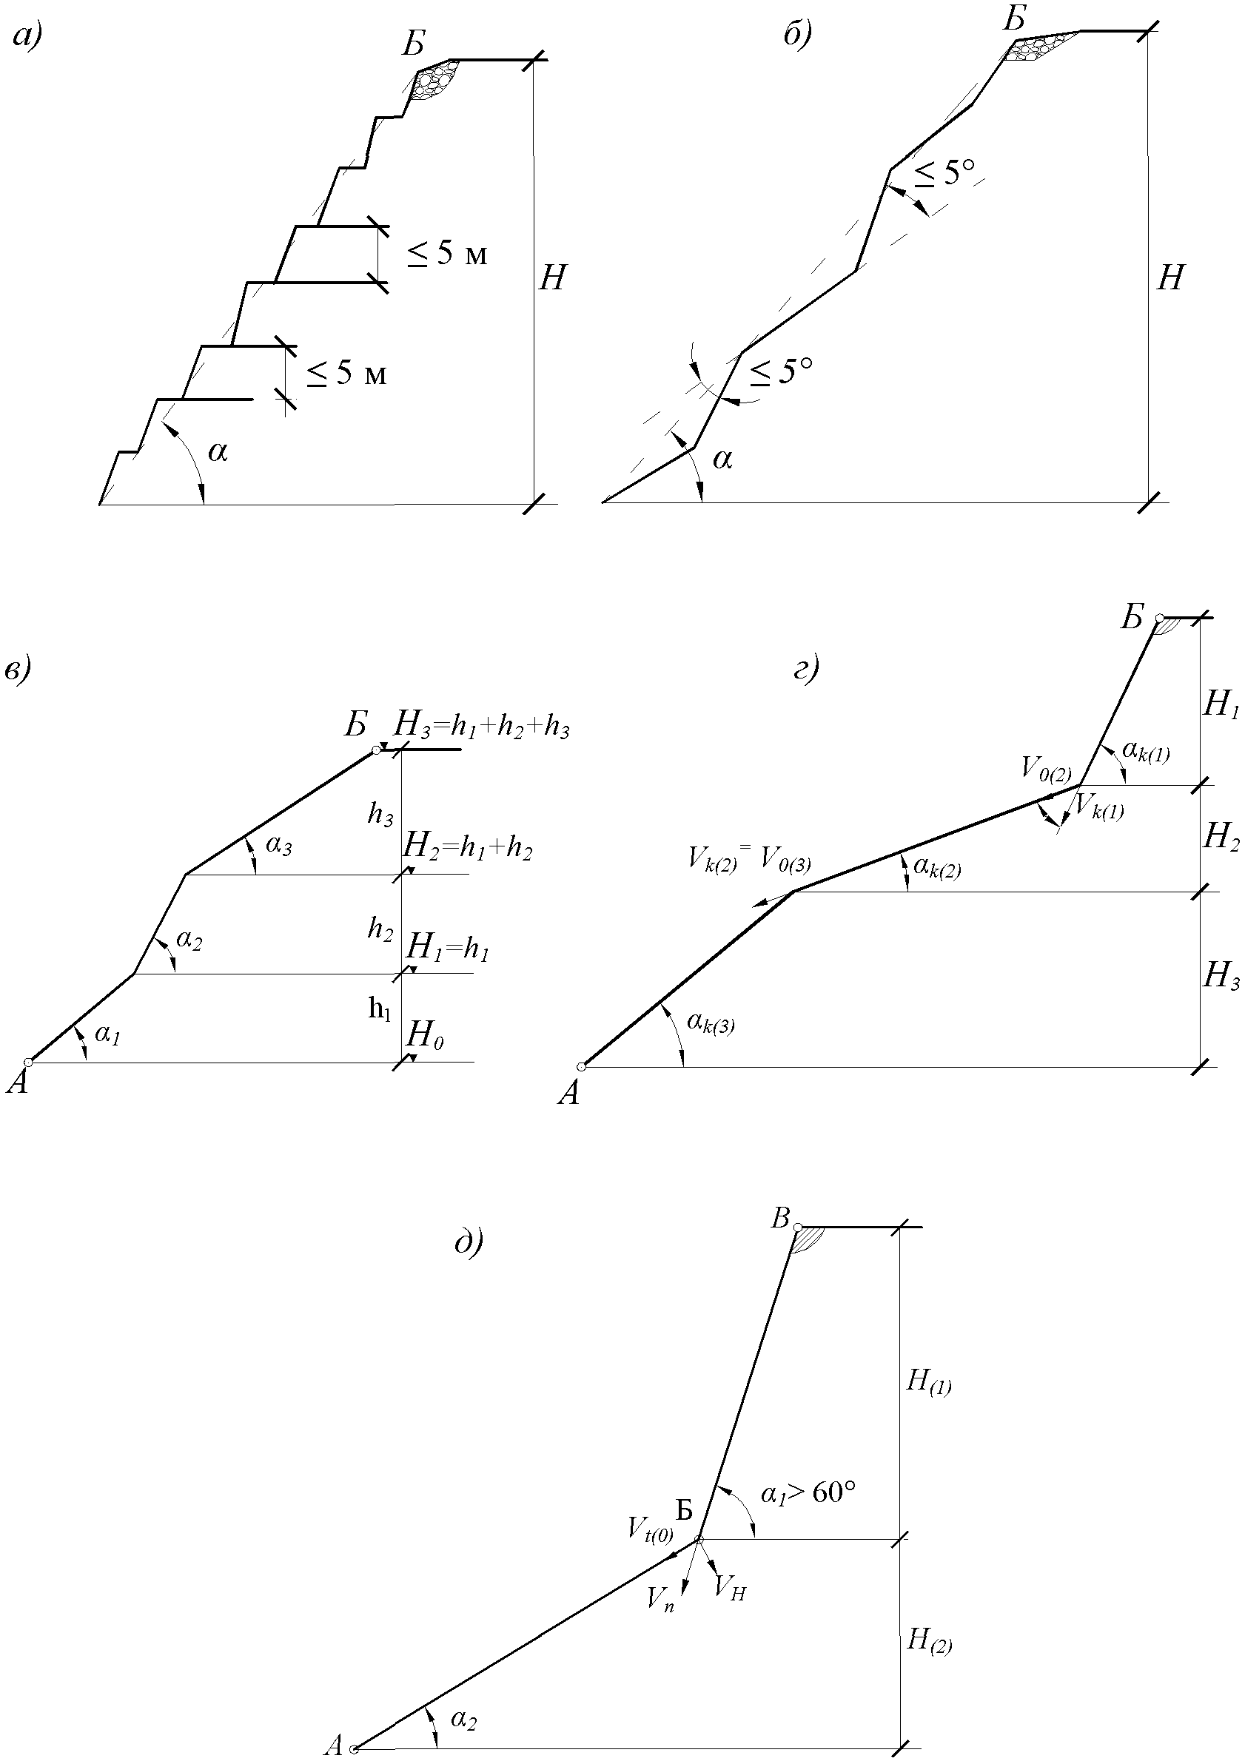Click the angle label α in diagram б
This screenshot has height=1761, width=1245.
coord(722,459)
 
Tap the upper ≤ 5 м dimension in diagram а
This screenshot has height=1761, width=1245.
coord(446,253)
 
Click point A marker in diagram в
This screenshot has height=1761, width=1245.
coord(28,1062)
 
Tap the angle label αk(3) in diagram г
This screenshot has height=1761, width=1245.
coord(711,1023)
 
